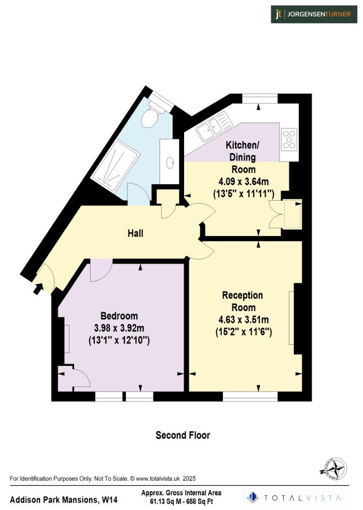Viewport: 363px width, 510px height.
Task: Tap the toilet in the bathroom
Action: pyautogui.click(x=151, y=115)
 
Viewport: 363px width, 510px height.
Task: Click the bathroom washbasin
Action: pyautogui.click(x=169, y=161)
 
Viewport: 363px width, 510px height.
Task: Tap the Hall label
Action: pyautogui.click(x=135, y=233)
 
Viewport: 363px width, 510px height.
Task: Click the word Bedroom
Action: pyautogui.click(x=119, y=316)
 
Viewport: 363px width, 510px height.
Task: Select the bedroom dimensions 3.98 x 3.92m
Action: pyautogui.click(x=119, y=328)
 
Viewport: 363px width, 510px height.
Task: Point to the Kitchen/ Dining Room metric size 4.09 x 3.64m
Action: pyautogui.click(x=243, y=181)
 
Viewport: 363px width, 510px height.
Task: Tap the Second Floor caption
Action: pyautogui.click(x=183, y=435)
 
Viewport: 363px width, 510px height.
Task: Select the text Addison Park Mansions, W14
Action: pyautogui.click(x=64, y=500)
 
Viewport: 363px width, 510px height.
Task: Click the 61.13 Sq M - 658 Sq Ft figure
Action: pyautogui.click(x=181, y=501)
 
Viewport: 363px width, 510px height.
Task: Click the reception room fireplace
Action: pyautogui.click(x=292, y=318)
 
